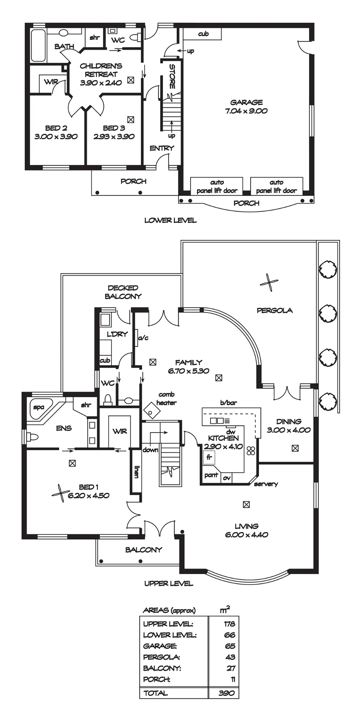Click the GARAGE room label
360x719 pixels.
[246, 102]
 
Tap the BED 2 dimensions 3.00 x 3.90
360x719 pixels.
[56, 137]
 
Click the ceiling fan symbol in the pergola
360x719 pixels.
[269, 283]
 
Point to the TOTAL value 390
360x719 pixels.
[227, 693]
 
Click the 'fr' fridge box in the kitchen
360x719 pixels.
[209, 458]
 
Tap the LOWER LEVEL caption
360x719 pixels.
[170, 220]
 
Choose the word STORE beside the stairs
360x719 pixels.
[172, 76]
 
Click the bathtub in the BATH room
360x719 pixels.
[38, 45]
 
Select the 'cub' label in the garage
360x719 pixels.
[203, 34]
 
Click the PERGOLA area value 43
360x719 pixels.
[231, 657]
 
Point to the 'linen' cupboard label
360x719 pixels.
[136, 471]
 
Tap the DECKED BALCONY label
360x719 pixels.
[123, 292]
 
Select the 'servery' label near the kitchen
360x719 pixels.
[266, 484]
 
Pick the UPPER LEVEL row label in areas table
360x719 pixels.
[168, 624]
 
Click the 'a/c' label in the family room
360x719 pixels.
[143, 338]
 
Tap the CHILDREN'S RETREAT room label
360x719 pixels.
[101, 70]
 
